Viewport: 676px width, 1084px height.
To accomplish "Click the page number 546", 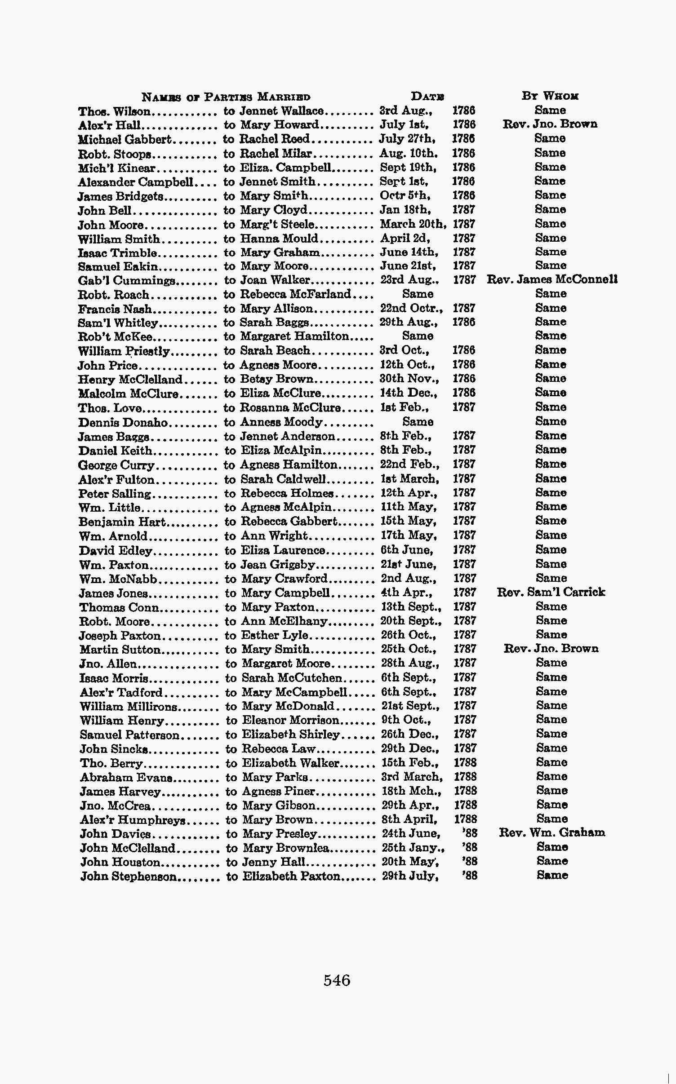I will (x=337, y=979).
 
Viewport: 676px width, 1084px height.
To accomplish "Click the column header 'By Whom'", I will (x=550, y=96).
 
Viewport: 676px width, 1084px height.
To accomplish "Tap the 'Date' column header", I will (x=427, y=96).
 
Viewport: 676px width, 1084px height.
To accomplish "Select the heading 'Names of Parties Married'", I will (x=226, y=97).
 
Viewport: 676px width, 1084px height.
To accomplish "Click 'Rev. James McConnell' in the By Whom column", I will (x=552, y=279).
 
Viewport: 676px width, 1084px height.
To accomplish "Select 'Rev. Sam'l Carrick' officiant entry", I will (x=551, y=592).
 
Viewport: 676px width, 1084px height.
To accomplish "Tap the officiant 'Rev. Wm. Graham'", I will (x=552, y=832).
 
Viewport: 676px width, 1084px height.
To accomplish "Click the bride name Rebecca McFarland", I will (x=295, y=294).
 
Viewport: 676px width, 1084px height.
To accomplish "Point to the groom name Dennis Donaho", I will (x=123, y=423).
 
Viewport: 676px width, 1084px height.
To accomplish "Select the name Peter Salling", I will (x=115, y=494).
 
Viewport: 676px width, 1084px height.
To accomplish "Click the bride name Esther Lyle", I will (x=275, y=635).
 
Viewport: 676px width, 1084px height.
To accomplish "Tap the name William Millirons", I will (x=128, y=707).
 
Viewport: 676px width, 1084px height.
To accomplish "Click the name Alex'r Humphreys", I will (x=133, y=820).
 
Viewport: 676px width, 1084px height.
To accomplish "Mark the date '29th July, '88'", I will (x=429, y=876).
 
